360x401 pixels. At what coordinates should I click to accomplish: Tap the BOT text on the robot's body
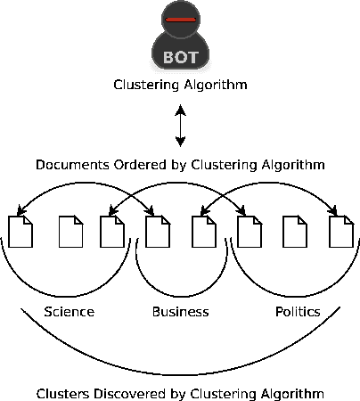(x=180, y=57)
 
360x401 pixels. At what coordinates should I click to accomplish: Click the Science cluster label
(x=69, y=312)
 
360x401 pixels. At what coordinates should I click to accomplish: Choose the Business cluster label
(x=180, y=312)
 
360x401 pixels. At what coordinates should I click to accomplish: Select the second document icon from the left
(x=70, y=232)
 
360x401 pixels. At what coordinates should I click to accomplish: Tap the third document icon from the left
(x=112, y=232)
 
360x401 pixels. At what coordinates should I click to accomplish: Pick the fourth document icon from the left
(x=159, y=232)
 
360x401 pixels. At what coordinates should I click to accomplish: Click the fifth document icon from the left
(x=204, y=232)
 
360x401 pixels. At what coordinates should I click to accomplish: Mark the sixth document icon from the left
(x=249, y=232)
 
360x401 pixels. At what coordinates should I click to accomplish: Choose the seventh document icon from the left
(x=294, y=232)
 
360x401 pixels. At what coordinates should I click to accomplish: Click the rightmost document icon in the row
(x=340, y=232)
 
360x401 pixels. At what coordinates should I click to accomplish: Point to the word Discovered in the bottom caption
(x=126, y=393)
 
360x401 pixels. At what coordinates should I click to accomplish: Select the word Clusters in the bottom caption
(x=62, y=393)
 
